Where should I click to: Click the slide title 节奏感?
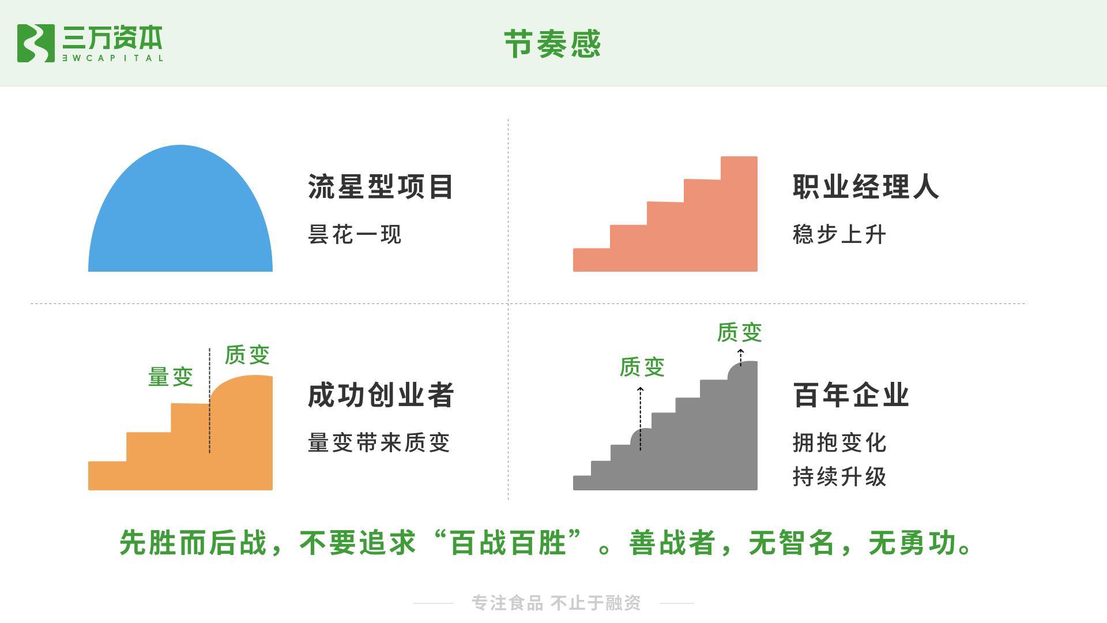click(x=552, y=44)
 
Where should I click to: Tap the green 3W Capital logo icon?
click(x=36, y=43)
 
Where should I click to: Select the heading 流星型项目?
click(x=381, y=187)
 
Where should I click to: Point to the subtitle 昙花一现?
click(x=355, y=235)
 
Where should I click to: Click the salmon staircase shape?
click(x=692, y=237)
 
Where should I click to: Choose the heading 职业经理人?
click(x=865, y=187)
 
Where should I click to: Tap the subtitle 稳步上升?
click(x=839, y=235)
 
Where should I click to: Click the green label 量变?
click(x=171, y=377)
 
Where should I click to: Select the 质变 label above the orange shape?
click(x=247, y=355)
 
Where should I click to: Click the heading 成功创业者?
click(x=381, y=395)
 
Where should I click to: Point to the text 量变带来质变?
click(x=379, y=443)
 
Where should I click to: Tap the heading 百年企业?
click(x=851, y=395)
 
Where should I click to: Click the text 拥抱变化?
click(x=839, y=443)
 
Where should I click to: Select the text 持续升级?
click(x=839, y=477)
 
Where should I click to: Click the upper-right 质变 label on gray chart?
click(x=740, y=332)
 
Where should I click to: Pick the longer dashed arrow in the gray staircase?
click(x=640, y=418)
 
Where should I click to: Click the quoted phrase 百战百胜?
click(x=507, y=543)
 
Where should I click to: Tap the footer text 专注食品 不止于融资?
click(x=556, y=603)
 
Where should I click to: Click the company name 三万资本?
click(x=112, y=38)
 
